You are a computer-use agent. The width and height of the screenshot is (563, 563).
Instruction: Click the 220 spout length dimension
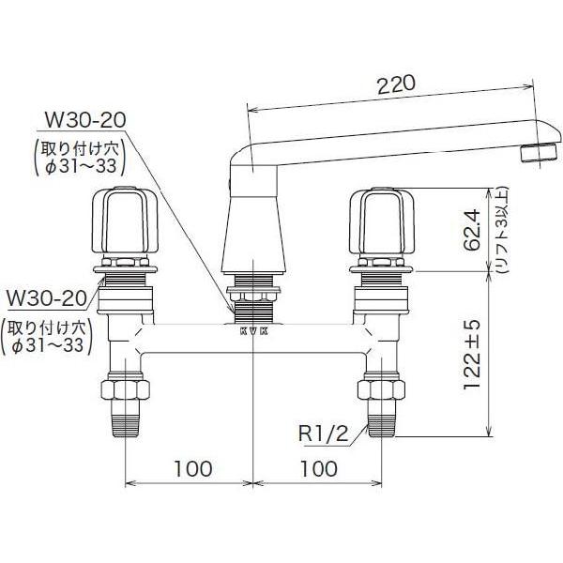point(396,84)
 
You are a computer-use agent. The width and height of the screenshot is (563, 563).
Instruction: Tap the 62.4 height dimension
point(471,230)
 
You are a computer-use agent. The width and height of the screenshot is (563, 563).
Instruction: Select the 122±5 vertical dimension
point(471,355)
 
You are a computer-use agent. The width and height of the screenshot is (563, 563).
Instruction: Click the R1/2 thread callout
point(324,434)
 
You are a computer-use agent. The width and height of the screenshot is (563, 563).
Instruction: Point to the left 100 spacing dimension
point(192,468)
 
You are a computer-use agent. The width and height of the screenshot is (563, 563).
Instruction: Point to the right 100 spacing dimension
point(319,468)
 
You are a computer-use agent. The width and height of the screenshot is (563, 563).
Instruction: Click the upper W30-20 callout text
point(84,120)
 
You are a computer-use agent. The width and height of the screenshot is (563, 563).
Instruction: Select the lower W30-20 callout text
point(47,297)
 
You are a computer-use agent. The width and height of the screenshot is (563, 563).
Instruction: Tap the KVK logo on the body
point(254,331)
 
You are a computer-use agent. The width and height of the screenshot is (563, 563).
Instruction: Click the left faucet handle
point(126,220)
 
